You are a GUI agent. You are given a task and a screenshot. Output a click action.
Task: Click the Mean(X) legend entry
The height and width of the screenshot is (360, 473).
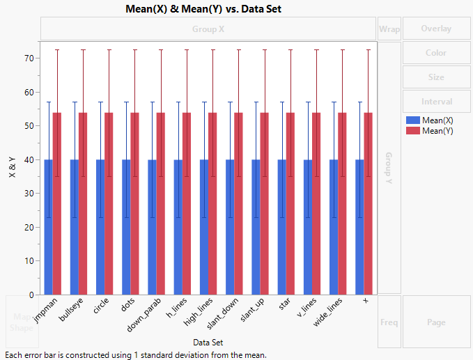click(x=437, y=120)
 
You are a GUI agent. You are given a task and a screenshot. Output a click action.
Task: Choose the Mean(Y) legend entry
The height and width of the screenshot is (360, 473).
click(x=437, y=130)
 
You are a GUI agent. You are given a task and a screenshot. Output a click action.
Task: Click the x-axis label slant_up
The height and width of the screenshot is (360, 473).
click(x=252, y=313)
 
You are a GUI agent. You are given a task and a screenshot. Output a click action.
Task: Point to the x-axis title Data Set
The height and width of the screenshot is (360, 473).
click(x=208, y=342)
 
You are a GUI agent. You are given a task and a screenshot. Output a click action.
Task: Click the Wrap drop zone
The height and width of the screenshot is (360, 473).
click(x=389, y=29)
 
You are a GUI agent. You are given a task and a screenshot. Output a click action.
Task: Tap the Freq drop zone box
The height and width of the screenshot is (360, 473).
click(x=389, y=322)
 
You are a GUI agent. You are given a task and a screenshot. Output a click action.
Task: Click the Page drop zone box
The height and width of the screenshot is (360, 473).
click(x=436, y=322)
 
